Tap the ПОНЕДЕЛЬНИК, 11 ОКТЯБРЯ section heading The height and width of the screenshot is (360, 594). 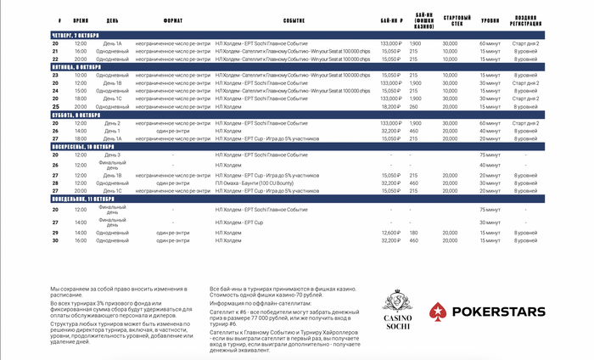(82, 199)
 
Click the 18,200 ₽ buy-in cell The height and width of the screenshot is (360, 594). (390, 107)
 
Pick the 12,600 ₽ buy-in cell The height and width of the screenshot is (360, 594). (390, 232)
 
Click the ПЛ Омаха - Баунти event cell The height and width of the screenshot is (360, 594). (265, 183)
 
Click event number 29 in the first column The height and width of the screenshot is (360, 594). (55, 232)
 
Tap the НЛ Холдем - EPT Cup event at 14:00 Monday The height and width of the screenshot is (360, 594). (241, 222)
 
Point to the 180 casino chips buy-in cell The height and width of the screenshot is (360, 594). (414, 232)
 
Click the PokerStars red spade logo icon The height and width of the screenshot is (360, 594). (436, 312)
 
